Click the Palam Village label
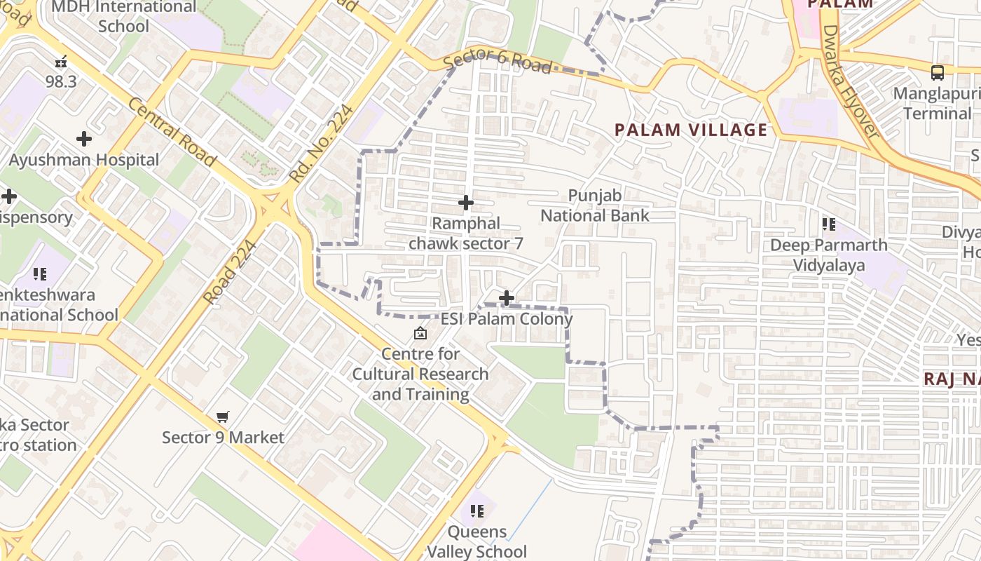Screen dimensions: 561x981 691,130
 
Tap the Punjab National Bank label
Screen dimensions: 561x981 595,205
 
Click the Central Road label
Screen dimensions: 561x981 171,133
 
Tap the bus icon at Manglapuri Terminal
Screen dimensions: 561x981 937,72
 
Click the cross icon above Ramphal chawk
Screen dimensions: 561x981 465,203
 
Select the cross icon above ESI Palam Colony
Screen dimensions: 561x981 506,298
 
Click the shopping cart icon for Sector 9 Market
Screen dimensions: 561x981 223,417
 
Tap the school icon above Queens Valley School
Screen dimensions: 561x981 477,511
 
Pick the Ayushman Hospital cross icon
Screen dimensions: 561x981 84,139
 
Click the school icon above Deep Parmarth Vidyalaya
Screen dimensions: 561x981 828,224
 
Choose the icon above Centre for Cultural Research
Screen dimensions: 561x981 420,333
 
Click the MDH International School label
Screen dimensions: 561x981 124,17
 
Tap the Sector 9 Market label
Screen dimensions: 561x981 223,438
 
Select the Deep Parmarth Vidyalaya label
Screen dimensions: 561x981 828,255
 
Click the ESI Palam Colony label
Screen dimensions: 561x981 506,319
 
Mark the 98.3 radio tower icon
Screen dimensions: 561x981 61,62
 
